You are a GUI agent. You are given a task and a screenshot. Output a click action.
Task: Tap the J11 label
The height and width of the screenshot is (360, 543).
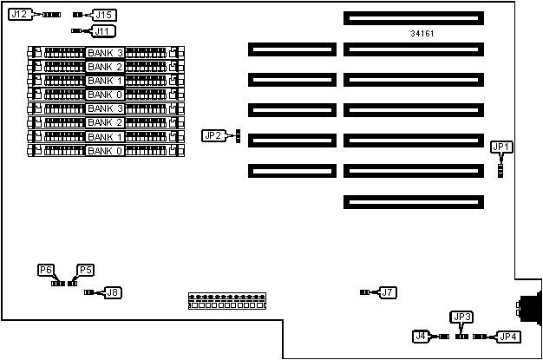tap(103, 31)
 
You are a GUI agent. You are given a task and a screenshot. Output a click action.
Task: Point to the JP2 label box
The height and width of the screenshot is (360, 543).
tap(213, 135)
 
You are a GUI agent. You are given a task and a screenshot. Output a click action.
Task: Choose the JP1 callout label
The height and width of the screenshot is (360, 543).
tap(501, 147)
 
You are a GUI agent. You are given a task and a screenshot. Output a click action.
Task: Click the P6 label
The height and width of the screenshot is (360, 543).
tap(46, 270)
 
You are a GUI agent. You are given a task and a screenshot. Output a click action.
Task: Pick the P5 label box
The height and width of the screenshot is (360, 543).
tap(85, 270)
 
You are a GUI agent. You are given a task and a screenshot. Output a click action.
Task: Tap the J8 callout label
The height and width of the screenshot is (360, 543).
tap(113, 292)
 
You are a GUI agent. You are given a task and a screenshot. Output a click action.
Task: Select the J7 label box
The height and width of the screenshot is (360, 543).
tap(388, 292)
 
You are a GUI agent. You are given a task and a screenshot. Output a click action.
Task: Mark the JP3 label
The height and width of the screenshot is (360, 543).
tap(461, 317)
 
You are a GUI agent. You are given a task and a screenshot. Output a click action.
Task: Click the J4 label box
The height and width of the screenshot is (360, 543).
tap(421, 336)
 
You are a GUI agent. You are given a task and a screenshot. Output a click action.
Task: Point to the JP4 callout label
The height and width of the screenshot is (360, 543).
tap(507, 336)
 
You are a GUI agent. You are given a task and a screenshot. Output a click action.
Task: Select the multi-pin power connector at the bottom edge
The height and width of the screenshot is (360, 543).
tap(226, 301)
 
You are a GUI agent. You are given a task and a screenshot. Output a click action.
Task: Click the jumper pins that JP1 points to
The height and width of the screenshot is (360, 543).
tap(500, 166)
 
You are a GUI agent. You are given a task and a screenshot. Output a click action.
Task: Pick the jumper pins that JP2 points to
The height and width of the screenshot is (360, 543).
tap(237, 140)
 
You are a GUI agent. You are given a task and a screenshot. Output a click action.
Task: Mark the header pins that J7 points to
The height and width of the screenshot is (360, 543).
tap(364, 292)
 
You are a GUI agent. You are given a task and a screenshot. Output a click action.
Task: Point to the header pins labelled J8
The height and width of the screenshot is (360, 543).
tap(88, 292)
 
